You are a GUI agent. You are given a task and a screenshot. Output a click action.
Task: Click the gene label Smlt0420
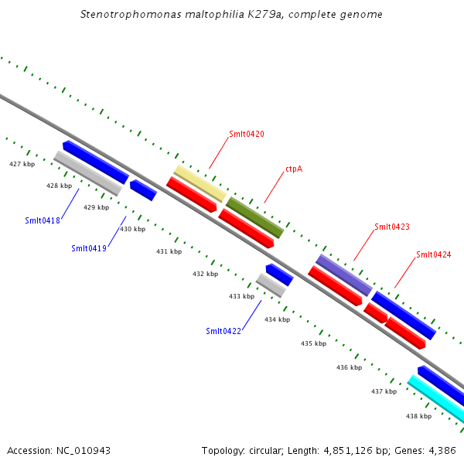(247, 134)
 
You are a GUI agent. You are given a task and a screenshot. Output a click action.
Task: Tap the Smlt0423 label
(392, 227)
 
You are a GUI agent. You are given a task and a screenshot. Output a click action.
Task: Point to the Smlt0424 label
(433, 254)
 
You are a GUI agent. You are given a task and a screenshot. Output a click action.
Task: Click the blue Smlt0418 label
(43, 220)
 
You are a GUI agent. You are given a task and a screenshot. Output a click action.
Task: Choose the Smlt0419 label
(89, 248)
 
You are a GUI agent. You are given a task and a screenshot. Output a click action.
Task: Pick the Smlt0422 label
(223, 331)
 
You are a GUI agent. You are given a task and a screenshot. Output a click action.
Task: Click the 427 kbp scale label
(22, 164)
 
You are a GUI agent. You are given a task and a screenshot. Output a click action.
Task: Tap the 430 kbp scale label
(132, 229)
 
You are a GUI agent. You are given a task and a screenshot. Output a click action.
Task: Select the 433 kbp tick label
(241, 296)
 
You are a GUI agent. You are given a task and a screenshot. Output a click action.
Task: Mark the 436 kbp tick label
(349, 367)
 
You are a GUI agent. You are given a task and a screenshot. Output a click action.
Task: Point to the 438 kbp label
(418, 416)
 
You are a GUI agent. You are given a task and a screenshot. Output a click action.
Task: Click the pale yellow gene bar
(200, 183)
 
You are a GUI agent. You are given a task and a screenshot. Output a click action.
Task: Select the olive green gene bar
(255, 217)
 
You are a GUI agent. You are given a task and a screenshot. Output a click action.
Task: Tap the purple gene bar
(344, 274)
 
